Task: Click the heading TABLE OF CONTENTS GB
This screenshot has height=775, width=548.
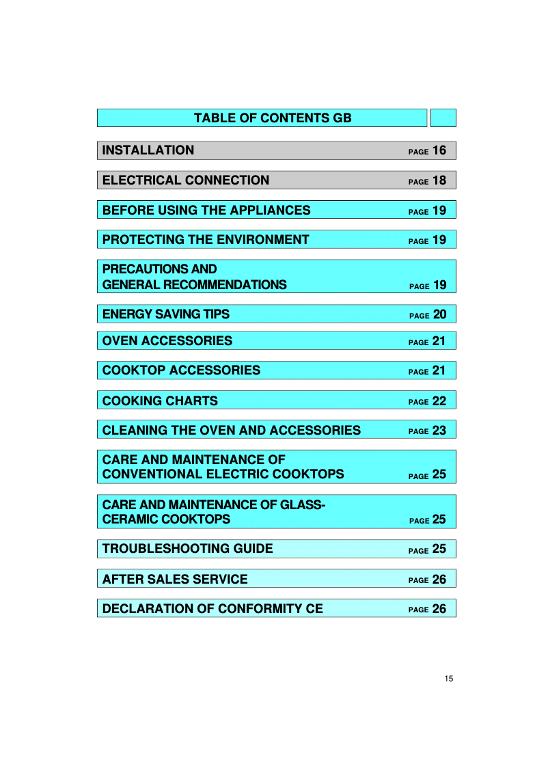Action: click(273, 118)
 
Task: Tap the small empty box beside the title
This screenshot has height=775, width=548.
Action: click(443, 118)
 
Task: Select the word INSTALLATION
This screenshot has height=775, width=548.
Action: click(148, 150)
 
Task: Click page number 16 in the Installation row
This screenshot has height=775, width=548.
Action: click(439, 150)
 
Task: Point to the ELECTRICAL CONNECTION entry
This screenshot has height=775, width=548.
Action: click(186, 180)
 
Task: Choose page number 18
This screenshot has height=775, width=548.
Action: click(439, 180)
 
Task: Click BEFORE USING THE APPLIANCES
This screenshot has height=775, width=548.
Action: click(206, 210)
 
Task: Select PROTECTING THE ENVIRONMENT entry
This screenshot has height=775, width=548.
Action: click(206, 240)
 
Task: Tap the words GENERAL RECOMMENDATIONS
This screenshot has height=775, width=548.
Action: click(195, 285)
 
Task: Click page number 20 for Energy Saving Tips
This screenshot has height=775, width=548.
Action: click(439, 314)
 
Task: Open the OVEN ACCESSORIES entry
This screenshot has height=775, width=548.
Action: click(167, 341)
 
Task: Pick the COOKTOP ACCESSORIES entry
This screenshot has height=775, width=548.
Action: click(181, 370)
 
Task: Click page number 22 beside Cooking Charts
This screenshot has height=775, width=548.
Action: click(439, 401)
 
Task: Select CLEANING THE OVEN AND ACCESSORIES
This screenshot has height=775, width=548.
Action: click(232, 431)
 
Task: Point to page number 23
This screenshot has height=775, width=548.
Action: click(439, 431)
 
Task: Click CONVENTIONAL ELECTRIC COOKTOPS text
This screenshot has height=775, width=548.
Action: click(223, 474)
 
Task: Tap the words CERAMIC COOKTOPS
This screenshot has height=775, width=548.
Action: click(166, 519)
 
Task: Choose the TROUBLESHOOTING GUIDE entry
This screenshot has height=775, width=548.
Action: click(188, 549)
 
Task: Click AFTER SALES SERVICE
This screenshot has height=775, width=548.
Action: click(175, 580)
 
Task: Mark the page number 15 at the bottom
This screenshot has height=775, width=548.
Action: click(448, 679)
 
